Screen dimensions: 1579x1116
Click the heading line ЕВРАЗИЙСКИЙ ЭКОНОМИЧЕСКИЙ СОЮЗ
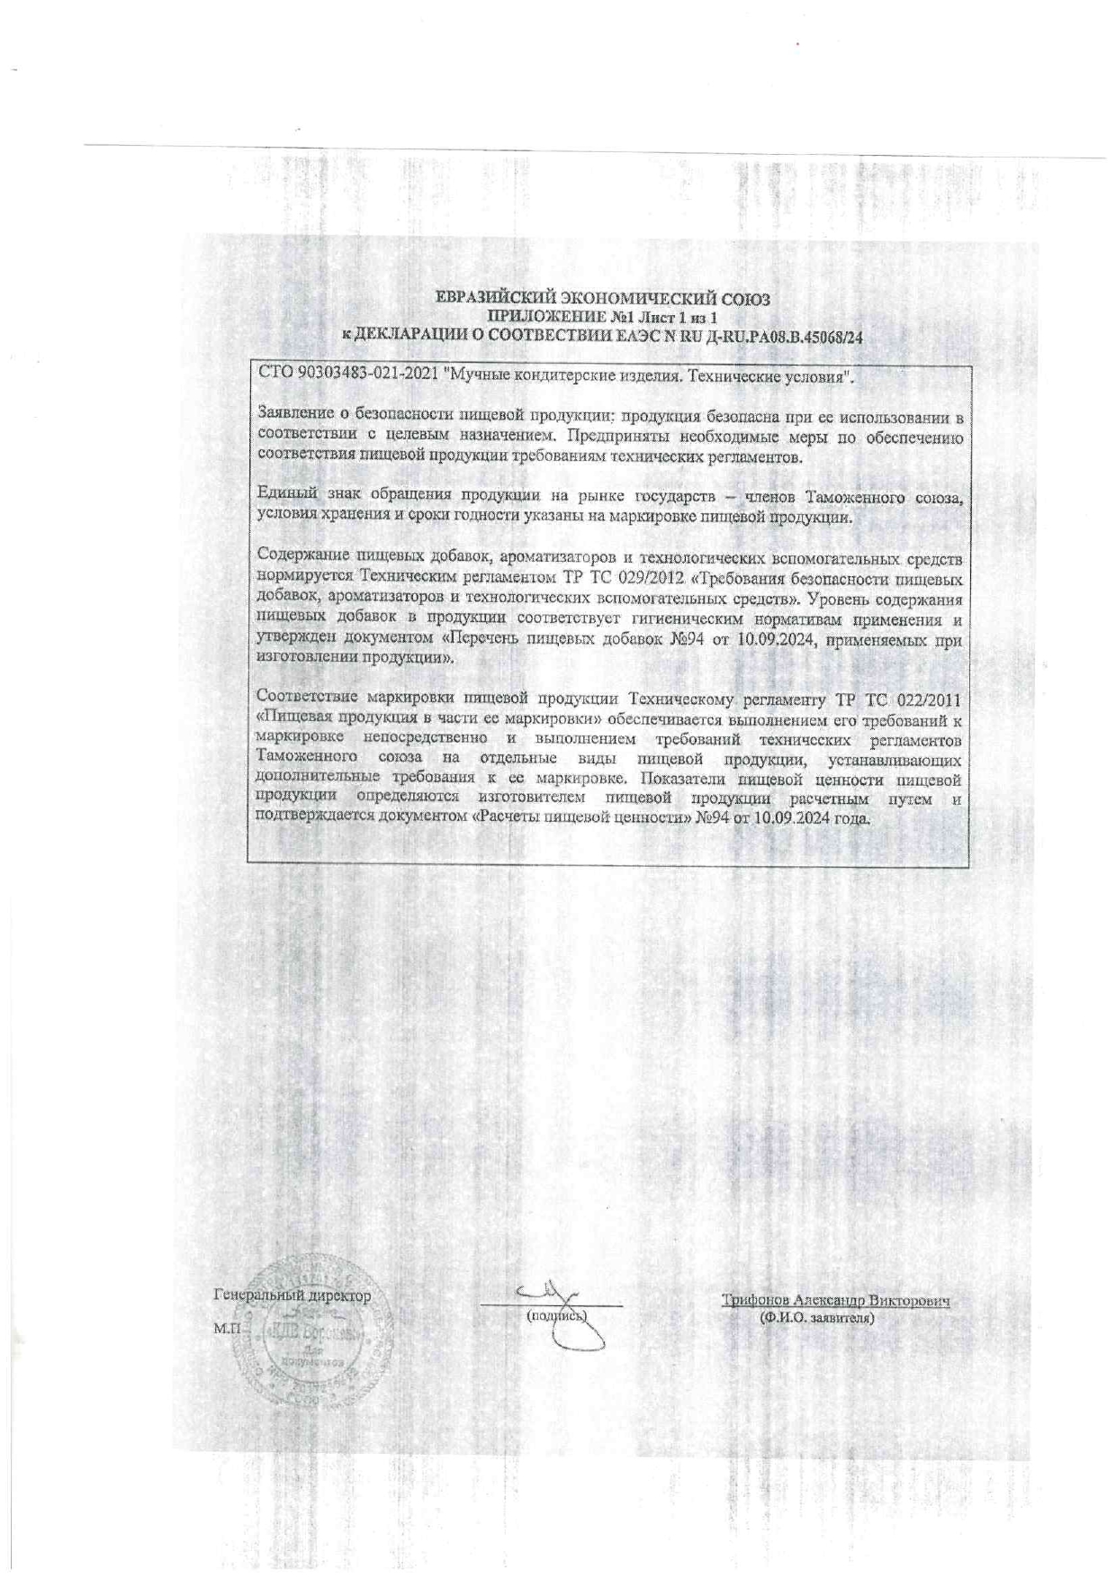(x=602, y=299)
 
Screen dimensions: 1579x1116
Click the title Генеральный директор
(x=292, y=1296)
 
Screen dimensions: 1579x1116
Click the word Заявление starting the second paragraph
(x=293, y=417)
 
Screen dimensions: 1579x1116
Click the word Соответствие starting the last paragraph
(x=306, y=699)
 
